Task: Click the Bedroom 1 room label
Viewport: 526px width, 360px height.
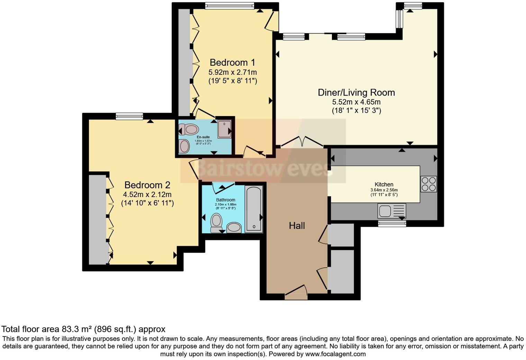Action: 232,62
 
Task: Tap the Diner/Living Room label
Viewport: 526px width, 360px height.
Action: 356,92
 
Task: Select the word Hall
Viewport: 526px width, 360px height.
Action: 297,226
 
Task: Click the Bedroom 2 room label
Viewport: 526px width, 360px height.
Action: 147,185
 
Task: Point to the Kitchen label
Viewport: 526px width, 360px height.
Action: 384,184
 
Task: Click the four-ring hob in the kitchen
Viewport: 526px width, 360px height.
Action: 428,184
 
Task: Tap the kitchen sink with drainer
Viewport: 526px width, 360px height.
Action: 392,210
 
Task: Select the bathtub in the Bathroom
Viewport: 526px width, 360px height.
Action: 254,209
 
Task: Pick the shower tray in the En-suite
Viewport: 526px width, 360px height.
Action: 224,129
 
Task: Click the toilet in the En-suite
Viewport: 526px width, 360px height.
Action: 188,130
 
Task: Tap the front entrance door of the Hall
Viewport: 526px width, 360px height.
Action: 296,292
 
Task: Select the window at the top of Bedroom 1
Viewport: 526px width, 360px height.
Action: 229,5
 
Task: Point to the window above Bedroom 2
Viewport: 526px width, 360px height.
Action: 129,116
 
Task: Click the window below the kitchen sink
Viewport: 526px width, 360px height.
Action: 392,224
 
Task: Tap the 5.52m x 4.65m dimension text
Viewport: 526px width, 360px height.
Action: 356,102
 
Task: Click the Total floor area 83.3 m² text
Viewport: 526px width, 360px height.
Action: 83,329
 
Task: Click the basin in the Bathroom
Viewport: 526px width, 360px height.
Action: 234,227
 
